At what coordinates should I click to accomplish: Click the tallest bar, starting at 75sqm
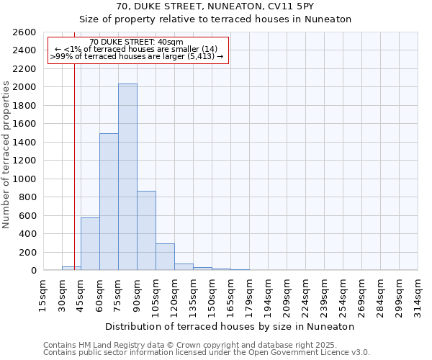127,177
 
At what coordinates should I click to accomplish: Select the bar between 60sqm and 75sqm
109,202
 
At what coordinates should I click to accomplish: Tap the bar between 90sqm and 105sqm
146,230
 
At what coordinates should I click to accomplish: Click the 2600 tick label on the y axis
25,32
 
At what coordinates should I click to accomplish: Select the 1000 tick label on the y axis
25,179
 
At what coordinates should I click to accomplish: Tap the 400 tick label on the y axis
28,234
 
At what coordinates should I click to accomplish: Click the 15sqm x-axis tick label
43,294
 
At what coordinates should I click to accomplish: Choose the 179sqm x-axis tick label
249,294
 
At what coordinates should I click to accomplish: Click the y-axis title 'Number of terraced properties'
7,155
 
